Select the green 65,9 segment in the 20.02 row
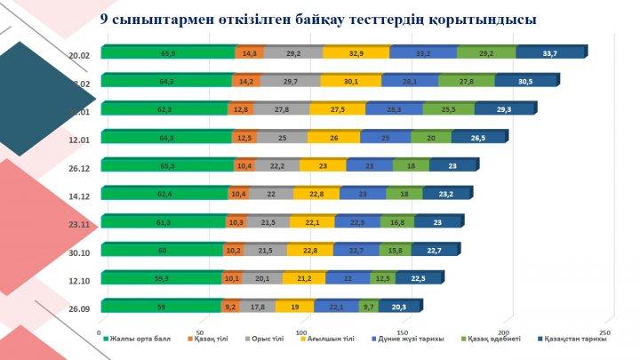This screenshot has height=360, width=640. [167, 52]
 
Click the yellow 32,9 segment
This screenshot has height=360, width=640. [356, 52]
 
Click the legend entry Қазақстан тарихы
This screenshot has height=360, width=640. [576, 339]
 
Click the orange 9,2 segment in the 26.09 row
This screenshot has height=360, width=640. [230, 307]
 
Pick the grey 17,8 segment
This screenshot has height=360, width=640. [257, 307]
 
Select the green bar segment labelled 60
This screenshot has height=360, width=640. [162, 250]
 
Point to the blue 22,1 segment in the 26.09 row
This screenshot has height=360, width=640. [336, 307]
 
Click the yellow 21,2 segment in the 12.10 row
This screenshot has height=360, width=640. [304, 278]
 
